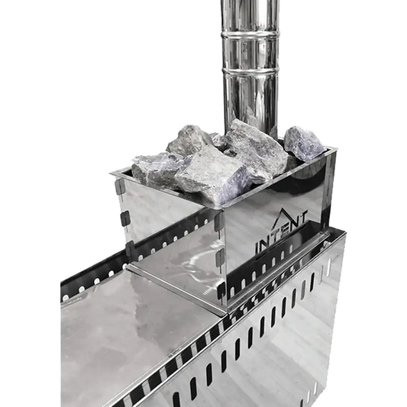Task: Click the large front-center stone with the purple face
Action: (213, 174)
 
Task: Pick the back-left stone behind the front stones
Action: (187, 141)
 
